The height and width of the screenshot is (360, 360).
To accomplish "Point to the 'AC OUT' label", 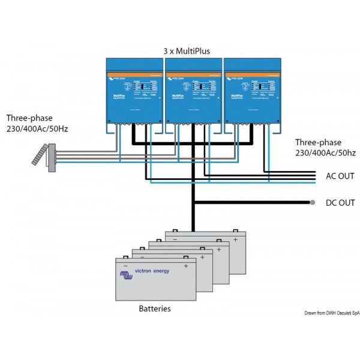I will click(x=340, y=176).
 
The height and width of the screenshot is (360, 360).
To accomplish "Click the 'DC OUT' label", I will click(x=340, y=203).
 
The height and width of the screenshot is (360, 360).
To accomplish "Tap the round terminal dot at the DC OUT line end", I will click(x=313, y=203).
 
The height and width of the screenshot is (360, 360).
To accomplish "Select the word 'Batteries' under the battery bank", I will click(x=154, y=308).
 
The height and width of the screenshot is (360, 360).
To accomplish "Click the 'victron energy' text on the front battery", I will click(x=152, y=271).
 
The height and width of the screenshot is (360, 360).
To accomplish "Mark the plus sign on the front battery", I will click(x=186, y=266).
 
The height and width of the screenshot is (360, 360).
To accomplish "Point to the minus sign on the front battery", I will click(x=125, y=266).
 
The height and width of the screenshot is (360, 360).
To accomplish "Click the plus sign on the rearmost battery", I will click(x=236, y=239).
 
